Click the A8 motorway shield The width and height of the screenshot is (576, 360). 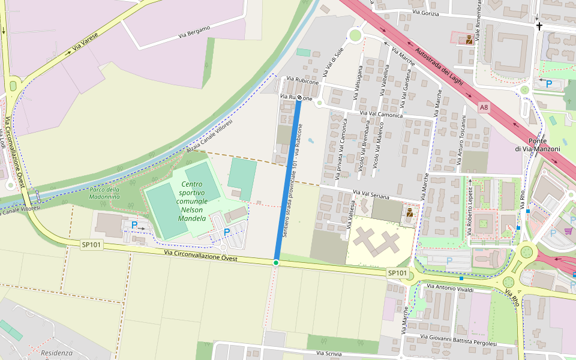tap(484, 107)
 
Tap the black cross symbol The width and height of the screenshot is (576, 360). tap(539, 26)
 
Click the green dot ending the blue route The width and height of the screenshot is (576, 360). tap(276, 263)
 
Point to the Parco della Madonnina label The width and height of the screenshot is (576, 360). tap(104, 193)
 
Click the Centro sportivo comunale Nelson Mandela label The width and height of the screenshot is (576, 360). tap(192, 201)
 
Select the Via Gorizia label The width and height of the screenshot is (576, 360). tap(426, 13)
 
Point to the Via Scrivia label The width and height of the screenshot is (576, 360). tap(329, 354)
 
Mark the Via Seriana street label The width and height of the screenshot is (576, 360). tap(371, 196)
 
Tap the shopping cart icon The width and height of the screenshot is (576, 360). tap(568, 231)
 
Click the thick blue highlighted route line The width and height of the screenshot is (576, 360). tap(287, 180)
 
